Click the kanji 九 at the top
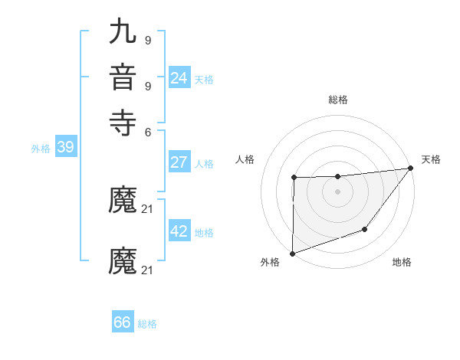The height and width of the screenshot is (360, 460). pos(123,34)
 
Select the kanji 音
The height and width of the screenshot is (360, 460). pos(123,79)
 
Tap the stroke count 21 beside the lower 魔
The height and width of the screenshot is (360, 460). pos(148,270)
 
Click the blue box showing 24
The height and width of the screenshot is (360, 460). pos(179,78)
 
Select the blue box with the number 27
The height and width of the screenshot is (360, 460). pos(179,162)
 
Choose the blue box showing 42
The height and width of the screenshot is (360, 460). pos(179,232)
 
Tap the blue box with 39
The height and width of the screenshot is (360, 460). pos(65,147)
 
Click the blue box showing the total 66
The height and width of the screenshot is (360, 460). pos(122,322)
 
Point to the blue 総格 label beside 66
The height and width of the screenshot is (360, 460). pos(147,324)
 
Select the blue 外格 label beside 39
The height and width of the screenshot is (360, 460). pos(41,149)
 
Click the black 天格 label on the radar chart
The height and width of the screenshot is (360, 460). pos(431,159)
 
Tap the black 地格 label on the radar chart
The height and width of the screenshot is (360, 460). pos(402,262)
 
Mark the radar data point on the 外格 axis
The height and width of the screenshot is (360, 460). pos(292,253)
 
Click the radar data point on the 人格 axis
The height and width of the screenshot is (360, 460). pos(294,178)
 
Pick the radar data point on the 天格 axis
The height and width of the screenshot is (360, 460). pos(411,169)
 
